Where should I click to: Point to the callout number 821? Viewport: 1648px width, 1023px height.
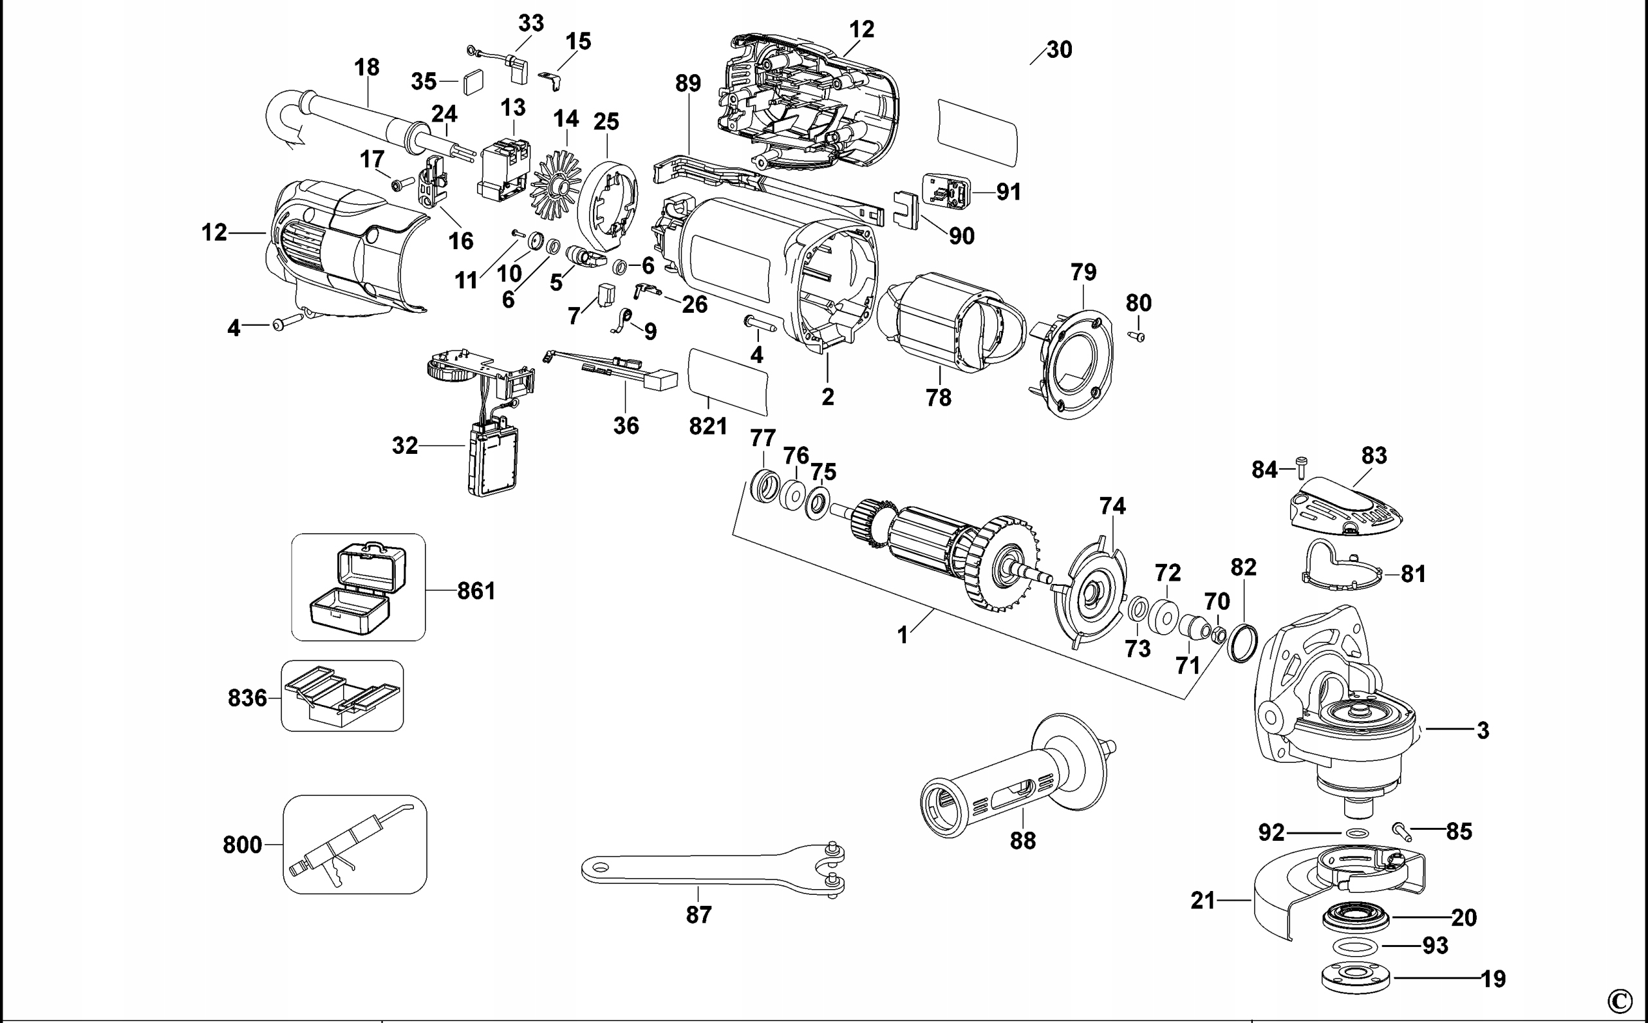[708, 426]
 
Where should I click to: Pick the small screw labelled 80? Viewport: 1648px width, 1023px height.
[1137, 335]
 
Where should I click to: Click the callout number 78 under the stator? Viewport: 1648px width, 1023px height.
[939, 397]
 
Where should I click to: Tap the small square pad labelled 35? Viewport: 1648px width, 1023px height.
[475, 82]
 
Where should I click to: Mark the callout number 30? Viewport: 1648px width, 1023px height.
[1059, 50]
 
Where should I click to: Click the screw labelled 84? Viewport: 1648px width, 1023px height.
[1300, 467]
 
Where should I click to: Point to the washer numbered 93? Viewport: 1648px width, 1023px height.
[1354, 945]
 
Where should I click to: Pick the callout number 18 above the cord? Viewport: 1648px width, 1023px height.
[367, 67]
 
